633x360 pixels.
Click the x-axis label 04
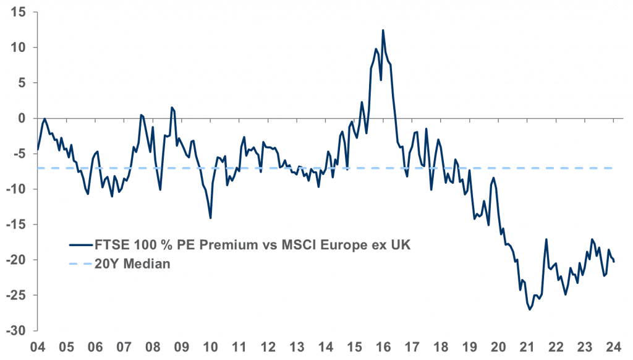pos(38,348)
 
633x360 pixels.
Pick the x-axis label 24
pos(614,348)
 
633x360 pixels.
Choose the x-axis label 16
pos(383,348)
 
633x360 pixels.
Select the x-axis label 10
pos(211,348)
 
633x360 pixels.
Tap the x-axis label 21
pos(527,348)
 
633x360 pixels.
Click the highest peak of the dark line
pos(383,30)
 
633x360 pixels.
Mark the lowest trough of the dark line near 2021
pos(530,309)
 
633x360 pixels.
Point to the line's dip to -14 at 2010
pos(211,218)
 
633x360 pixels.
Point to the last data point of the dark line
pos(614,261)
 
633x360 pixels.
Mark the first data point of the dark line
pos(38,149)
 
